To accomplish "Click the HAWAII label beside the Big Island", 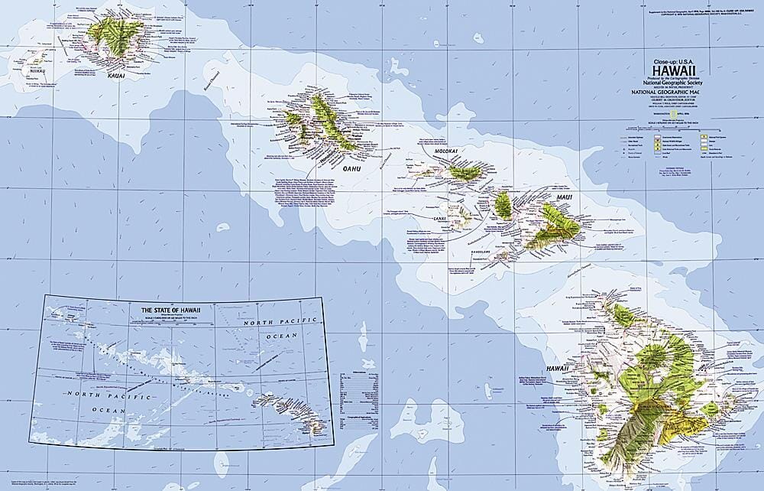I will tap(558, 369).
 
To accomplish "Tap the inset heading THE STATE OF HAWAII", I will tap(172, 309).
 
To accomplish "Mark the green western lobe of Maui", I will tap(503, 205).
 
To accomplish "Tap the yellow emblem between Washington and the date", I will tap(672, 115).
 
